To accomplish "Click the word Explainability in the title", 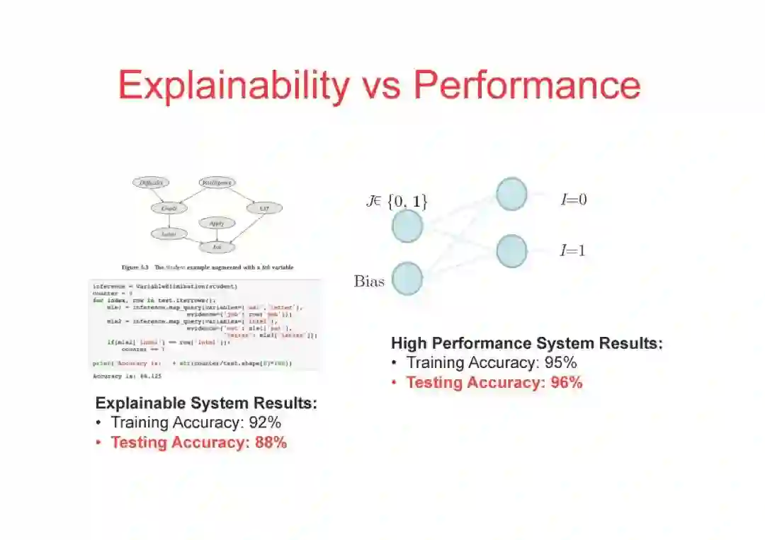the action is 234,86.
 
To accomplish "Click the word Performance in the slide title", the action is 527,86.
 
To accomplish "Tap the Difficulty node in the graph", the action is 151,183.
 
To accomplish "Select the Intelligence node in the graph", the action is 217,183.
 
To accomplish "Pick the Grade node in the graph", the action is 169,208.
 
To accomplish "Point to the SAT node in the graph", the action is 264,208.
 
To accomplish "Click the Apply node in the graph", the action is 217,224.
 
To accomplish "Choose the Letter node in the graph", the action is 169,234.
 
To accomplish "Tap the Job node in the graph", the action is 217,247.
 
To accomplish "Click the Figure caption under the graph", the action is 207,268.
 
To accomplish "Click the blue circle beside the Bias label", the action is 407,278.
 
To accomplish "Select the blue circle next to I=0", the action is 511,194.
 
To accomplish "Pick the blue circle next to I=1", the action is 511,251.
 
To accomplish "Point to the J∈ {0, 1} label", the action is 397,202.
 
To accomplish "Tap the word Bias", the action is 369,281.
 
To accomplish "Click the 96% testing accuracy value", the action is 566,383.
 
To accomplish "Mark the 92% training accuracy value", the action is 264,423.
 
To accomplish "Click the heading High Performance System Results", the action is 526,344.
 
